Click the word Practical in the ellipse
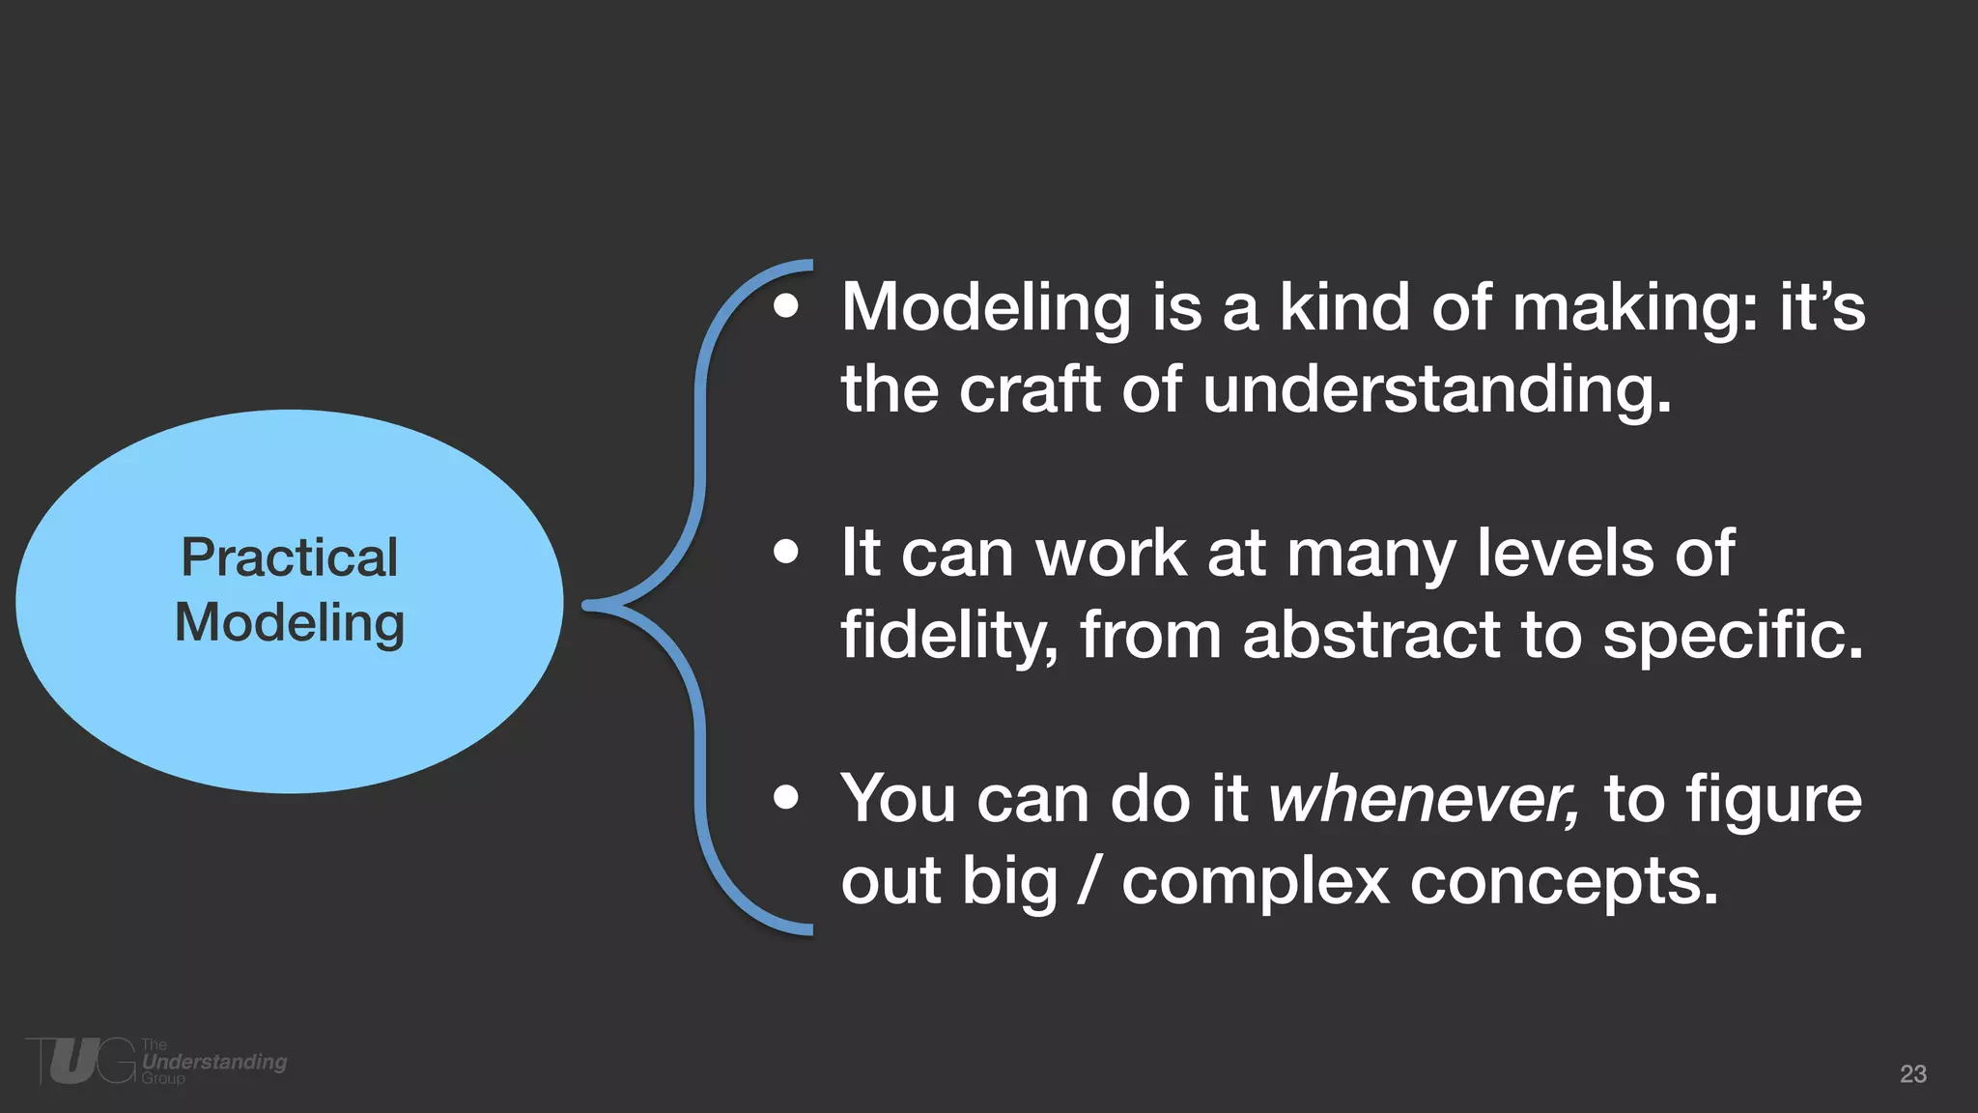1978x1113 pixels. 289,557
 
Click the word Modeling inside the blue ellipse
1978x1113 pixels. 289,623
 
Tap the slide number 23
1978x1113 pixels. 1912,1073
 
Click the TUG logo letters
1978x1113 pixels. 82,1061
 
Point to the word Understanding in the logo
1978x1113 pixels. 214,1062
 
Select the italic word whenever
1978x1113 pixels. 1424,799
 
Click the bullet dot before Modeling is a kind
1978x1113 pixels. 786,306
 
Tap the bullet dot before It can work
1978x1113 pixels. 786,553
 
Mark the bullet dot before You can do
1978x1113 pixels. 786,798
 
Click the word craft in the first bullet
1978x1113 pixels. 1030,389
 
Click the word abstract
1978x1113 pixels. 1371,636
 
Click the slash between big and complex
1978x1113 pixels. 1089,881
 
